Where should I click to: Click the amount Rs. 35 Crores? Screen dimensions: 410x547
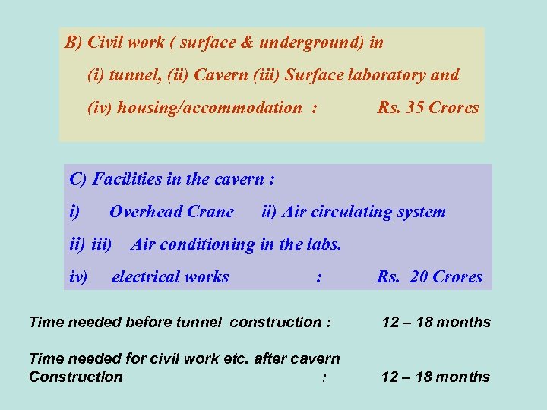[x=428, y=108]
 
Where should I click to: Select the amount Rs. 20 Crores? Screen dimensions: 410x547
[x=429, y=277]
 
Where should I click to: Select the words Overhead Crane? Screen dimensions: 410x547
[x=172, y=212]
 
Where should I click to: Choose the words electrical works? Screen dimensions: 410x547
[x=170, y=277]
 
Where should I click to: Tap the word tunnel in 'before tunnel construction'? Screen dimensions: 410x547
[x=195, y=322]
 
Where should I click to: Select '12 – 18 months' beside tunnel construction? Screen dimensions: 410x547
[x=436, y=322]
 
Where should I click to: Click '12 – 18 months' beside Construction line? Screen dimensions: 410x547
[x=436, y=377]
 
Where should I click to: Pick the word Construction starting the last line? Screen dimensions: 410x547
[x=75, y=377]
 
